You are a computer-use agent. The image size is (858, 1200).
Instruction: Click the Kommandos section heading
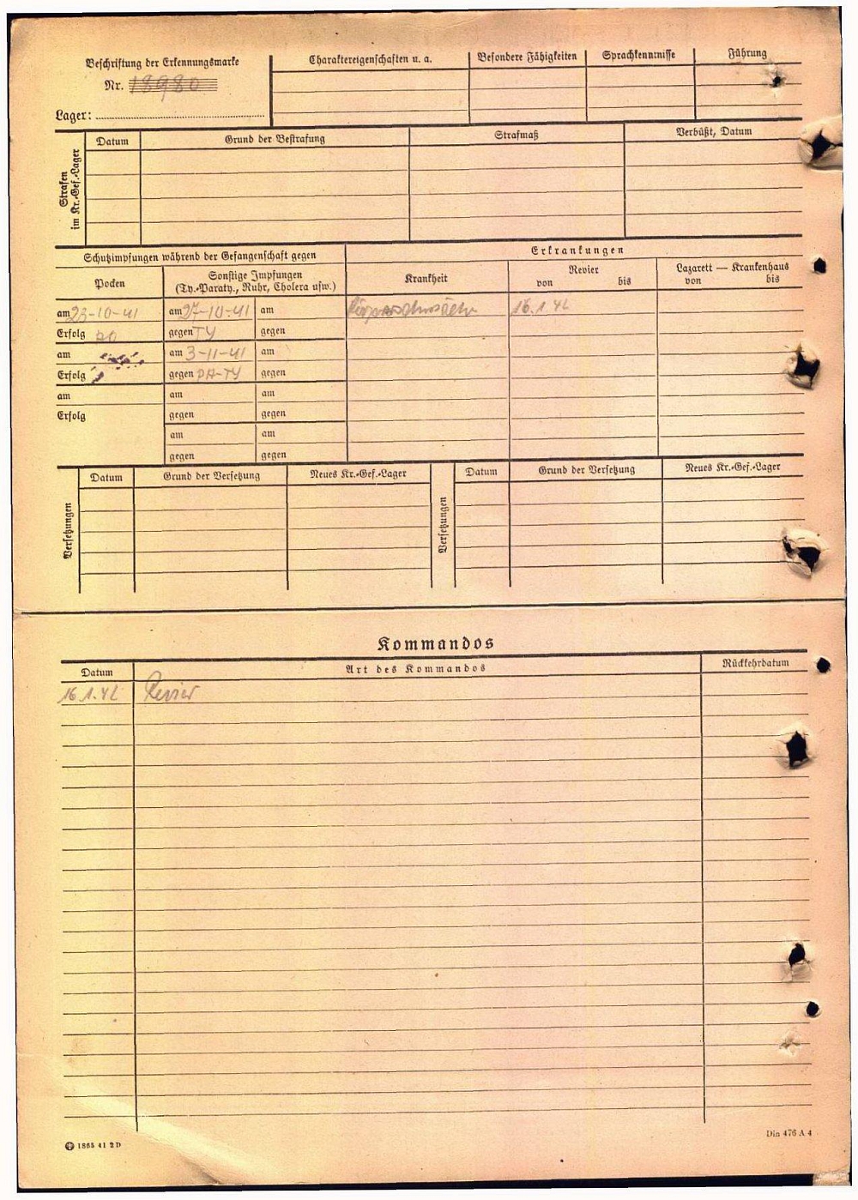point(435,643)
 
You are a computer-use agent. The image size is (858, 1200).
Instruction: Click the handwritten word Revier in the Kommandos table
point(171,690)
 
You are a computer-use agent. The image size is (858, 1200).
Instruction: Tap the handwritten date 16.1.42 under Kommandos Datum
point(88,694)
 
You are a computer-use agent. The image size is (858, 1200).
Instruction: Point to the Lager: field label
point(73,115)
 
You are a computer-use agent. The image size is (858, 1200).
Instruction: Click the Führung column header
point(747,54)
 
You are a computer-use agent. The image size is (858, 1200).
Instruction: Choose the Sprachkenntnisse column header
point(638,55)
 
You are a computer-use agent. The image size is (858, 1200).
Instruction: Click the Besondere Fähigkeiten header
point(527,57)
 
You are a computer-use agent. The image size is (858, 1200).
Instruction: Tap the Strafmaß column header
point(517,136)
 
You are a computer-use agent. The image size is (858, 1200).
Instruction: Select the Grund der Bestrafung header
point(275,139)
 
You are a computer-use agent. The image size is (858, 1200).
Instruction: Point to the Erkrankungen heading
point(577,250)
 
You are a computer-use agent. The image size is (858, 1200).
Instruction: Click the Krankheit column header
point(426,279)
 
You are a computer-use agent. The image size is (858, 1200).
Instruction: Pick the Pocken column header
point(110,283)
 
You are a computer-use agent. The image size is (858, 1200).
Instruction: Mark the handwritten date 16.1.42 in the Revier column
point(541,306)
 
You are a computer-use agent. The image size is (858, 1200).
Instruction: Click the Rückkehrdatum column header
point(755,663)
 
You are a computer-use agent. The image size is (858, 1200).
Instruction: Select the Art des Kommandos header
point(415,668)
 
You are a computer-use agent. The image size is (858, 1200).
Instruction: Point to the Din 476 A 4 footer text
point(789,1133)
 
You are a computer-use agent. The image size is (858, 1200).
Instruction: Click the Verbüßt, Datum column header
point(714,132)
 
